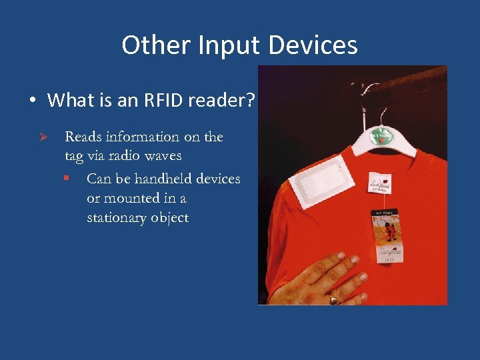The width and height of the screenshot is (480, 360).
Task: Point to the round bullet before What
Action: [x=33, y=101]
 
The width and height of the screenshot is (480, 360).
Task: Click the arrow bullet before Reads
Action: [x=42, y=137]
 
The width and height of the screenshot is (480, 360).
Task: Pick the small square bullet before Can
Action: [x=67, y=179]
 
